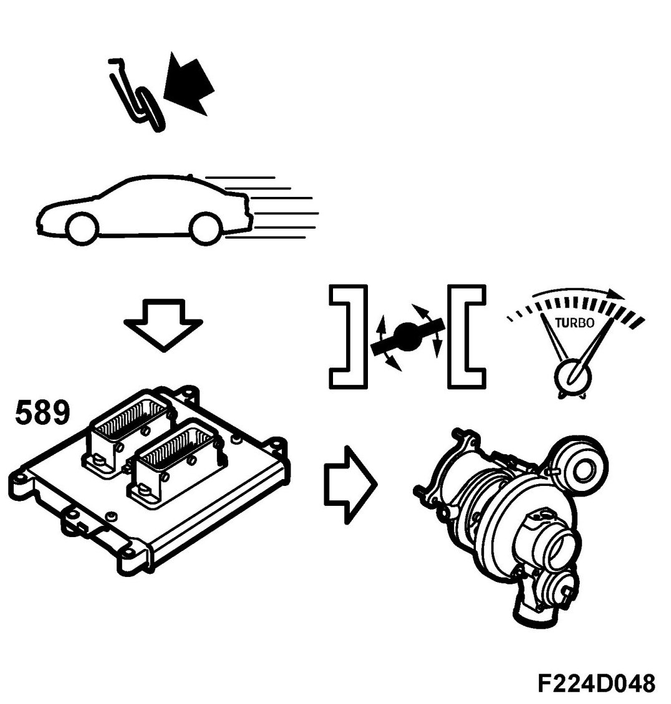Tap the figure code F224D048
(x=596, y=683)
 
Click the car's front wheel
(x=84, y=227)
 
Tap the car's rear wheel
(x=207, y=229)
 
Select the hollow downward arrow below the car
(x=163, y=325)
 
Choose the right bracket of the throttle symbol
(x=466, y=336)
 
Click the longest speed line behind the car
(x=284, y=213)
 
